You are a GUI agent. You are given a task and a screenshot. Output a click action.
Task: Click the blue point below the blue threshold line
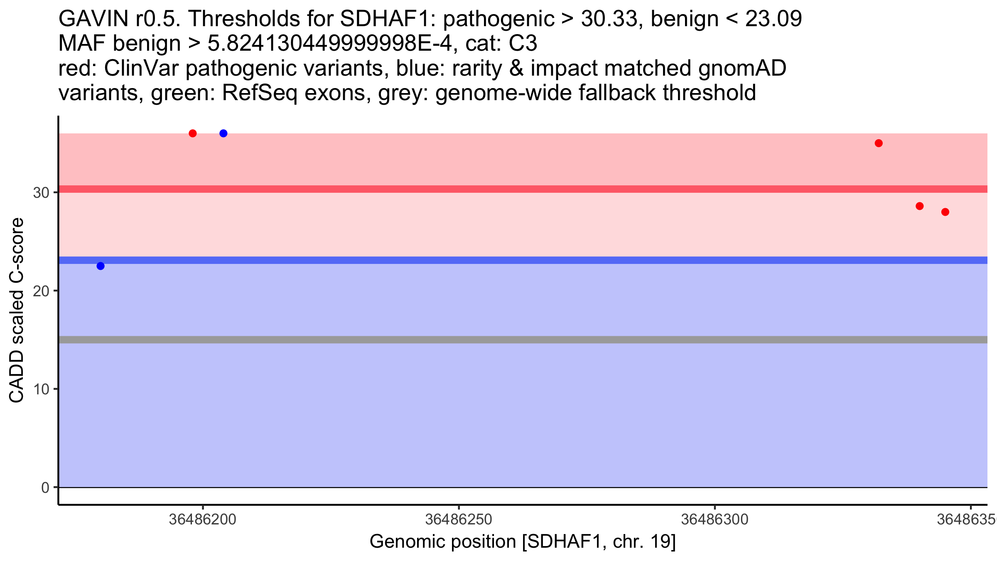[x=101, y=266]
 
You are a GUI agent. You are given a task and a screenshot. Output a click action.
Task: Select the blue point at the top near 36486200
[x=223, y=133]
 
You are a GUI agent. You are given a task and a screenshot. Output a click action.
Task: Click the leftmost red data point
[x=193, y=133]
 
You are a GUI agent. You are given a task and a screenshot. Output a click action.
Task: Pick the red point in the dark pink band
[x=879, y=143]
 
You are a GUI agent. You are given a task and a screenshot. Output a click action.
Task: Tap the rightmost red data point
[x=945, y=212]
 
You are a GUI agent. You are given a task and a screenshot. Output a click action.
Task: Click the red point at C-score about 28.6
[x=920, y=206]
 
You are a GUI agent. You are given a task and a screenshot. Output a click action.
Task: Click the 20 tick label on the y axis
[x=41, y=291]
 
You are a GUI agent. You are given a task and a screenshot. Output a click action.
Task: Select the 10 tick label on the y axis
[x=41, y=389]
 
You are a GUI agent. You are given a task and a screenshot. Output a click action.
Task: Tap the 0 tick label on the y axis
[x=45, y=487]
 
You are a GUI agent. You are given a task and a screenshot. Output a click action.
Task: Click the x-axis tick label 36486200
[x=203, y=519]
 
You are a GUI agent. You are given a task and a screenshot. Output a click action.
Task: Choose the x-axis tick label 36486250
[x=459, y=519]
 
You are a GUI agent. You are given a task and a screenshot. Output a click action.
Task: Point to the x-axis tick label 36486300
[x=715, y=519]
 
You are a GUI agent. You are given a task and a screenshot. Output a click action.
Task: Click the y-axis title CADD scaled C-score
[x=17, y=310]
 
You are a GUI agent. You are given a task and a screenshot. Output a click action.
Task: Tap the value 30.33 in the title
[x=610, y=19]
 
